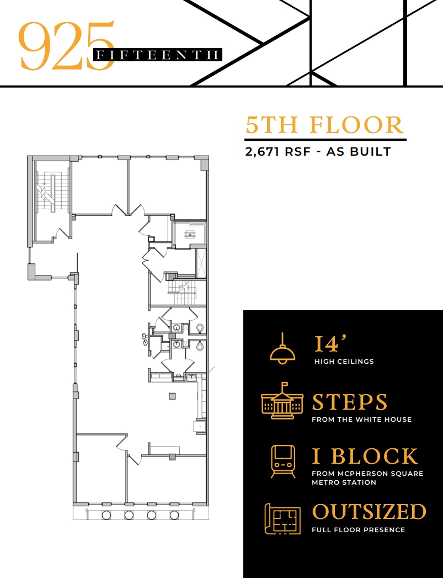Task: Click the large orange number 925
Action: [x=66, y=45]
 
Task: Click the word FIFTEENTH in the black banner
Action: [x=158, y=55]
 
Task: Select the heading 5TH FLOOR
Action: [x=325, y=125]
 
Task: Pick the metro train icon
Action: [x=282, y=461]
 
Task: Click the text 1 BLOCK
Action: [x=365, y=457]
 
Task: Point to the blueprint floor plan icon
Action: [x=282, y=518]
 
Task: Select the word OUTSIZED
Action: [x=369, y=512]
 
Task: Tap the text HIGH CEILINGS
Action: [x=344, y=362]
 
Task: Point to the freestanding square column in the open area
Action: [x=172, y=396]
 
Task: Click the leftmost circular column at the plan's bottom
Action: [x=106, y=515]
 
